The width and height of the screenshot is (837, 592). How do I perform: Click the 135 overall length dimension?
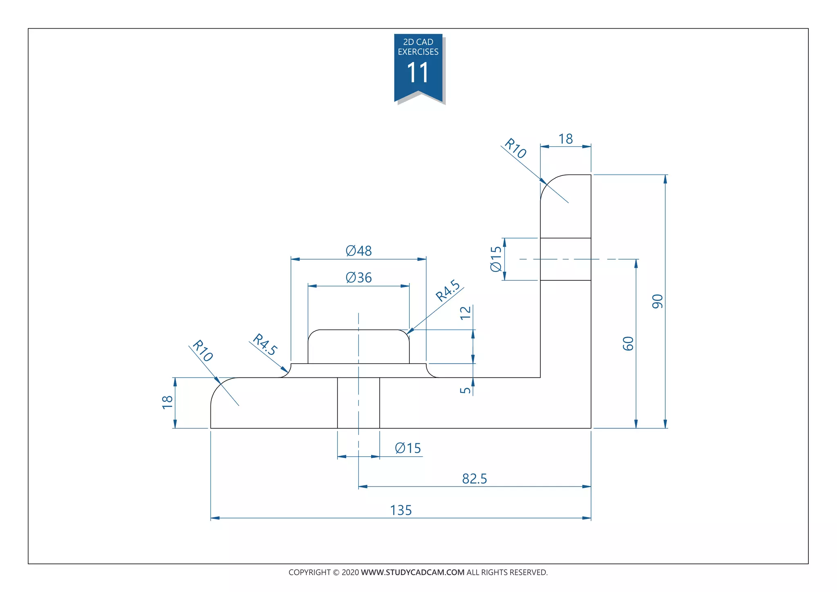pyautogui.click(x=401, y=510)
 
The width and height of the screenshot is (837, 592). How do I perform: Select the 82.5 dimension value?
pyautogui.click(x=474, y=479)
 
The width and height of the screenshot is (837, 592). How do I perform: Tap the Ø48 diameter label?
pyautogui.click(x=359, y=251)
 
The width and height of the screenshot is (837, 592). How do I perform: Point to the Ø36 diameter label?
pyautogui.click(x=359, y=278)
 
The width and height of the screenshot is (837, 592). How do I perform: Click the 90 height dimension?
pyautogui.click(x=658, y=301)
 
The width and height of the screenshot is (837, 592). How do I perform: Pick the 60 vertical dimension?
pyautogui.click(x=628, y=343)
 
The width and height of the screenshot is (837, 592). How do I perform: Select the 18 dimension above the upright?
pyautogui.click(x=566, y=139)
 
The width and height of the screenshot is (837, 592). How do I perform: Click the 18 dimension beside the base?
pyautogui.click(x=167, y=402)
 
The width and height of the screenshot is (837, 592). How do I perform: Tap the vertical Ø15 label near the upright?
pyautogui.click(x=496, y=259)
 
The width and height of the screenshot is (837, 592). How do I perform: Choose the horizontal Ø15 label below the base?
pyautogui.click(x=408, y=448)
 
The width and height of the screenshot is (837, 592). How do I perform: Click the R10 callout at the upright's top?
pyautogui.click(x=515, y=148)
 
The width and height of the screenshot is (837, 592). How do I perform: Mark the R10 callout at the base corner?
pyautogui.click(x=203, y=351)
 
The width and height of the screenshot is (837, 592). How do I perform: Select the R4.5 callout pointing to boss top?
pyautogui.click(x=448, y=291)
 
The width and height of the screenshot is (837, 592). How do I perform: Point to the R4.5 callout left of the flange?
pyautogui.click(x=265, y=345)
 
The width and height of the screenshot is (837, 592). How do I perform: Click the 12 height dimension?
pyautogui.click(x=465, y=313)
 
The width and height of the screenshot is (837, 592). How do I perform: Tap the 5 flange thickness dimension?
pyautogui.click(x=465, y=390)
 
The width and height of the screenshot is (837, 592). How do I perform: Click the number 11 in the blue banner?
pyautogui.click(x=418, y=73)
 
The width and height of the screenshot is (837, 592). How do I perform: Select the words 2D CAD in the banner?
pyautogui.click(x=418, y=42)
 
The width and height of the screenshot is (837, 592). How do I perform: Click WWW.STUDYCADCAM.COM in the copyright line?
pyautogui.click(x=412, y=572)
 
